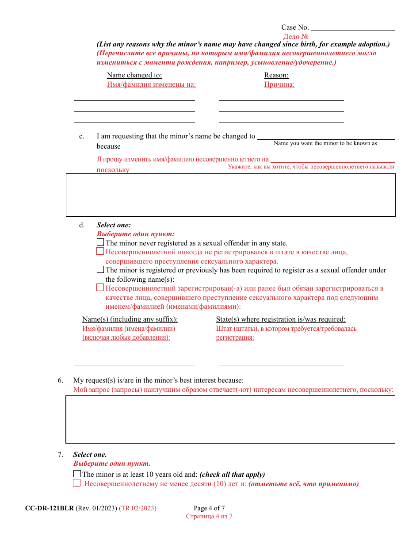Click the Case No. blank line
(x=353, y=27)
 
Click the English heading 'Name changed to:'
(x=134, y=75)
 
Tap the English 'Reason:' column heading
(x=276, y=75)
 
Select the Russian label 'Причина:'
(x=279, y=84)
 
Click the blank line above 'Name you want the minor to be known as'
(x=326, y=136)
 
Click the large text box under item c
(x=230, y=195)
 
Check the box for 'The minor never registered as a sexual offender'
(x=100, y=242)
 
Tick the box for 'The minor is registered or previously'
(x=100, y=269)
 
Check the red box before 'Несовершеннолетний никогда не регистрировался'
(x=100, y=252)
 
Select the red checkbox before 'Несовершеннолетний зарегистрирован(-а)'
(x=100, y=288)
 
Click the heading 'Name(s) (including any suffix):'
(x=130, y=319)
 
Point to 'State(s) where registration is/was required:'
(x=281, y=319)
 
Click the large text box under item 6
(x=230, y=419)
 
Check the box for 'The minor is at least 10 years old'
(x=77, y=474)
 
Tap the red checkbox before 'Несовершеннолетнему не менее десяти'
(x=77, y=483)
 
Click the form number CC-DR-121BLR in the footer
(x=50, y=508)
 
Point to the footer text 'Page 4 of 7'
(x=209, y=508)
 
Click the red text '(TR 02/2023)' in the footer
(x=137, y=508)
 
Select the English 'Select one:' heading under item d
(x=114, y=225)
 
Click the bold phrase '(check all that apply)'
(x=232, y=475)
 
